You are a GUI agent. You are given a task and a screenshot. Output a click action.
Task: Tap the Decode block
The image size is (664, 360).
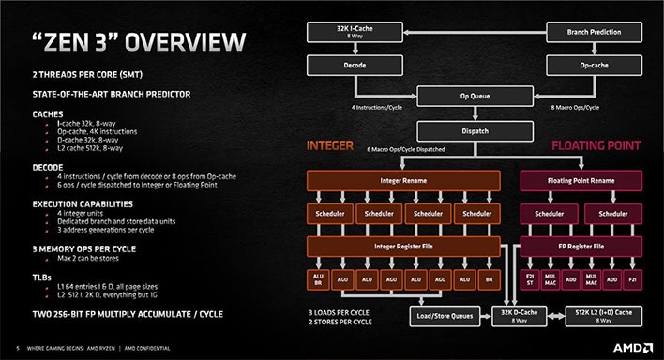349,67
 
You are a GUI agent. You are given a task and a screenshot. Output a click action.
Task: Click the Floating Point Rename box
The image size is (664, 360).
581,179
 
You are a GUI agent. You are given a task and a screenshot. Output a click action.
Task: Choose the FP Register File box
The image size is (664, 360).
581,246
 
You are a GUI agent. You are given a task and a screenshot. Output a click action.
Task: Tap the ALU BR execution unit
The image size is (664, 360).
317,279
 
